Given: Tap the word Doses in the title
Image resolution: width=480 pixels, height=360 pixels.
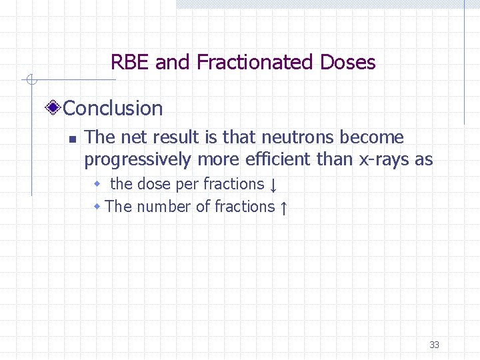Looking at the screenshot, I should (347, 63).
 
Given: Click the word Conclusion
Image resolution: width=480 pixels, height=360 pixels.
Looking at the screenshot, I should (113, 108).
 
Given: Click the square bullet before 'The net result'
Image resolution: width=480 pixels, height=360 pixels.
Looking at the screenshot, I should (73, 139).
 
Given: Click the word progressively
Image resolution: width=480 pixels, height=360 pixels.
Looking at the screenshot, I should (137, 160).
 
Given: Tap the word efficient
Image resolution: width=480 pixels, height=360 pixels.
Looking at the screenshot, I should (275, 160).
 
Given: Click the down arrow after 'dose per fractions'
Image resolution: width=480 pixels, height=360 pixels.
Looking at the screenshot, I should (273, 185).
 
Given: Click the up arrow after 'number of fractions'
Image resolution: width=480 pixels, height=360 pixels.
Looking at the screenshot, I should (283, 208).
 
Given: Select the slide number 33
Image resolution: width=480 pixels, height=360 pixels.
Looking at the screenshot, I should (434, 345).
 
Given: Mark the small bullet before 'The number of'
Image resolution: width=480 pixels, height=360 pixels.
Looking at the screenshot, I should (97, 206).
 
